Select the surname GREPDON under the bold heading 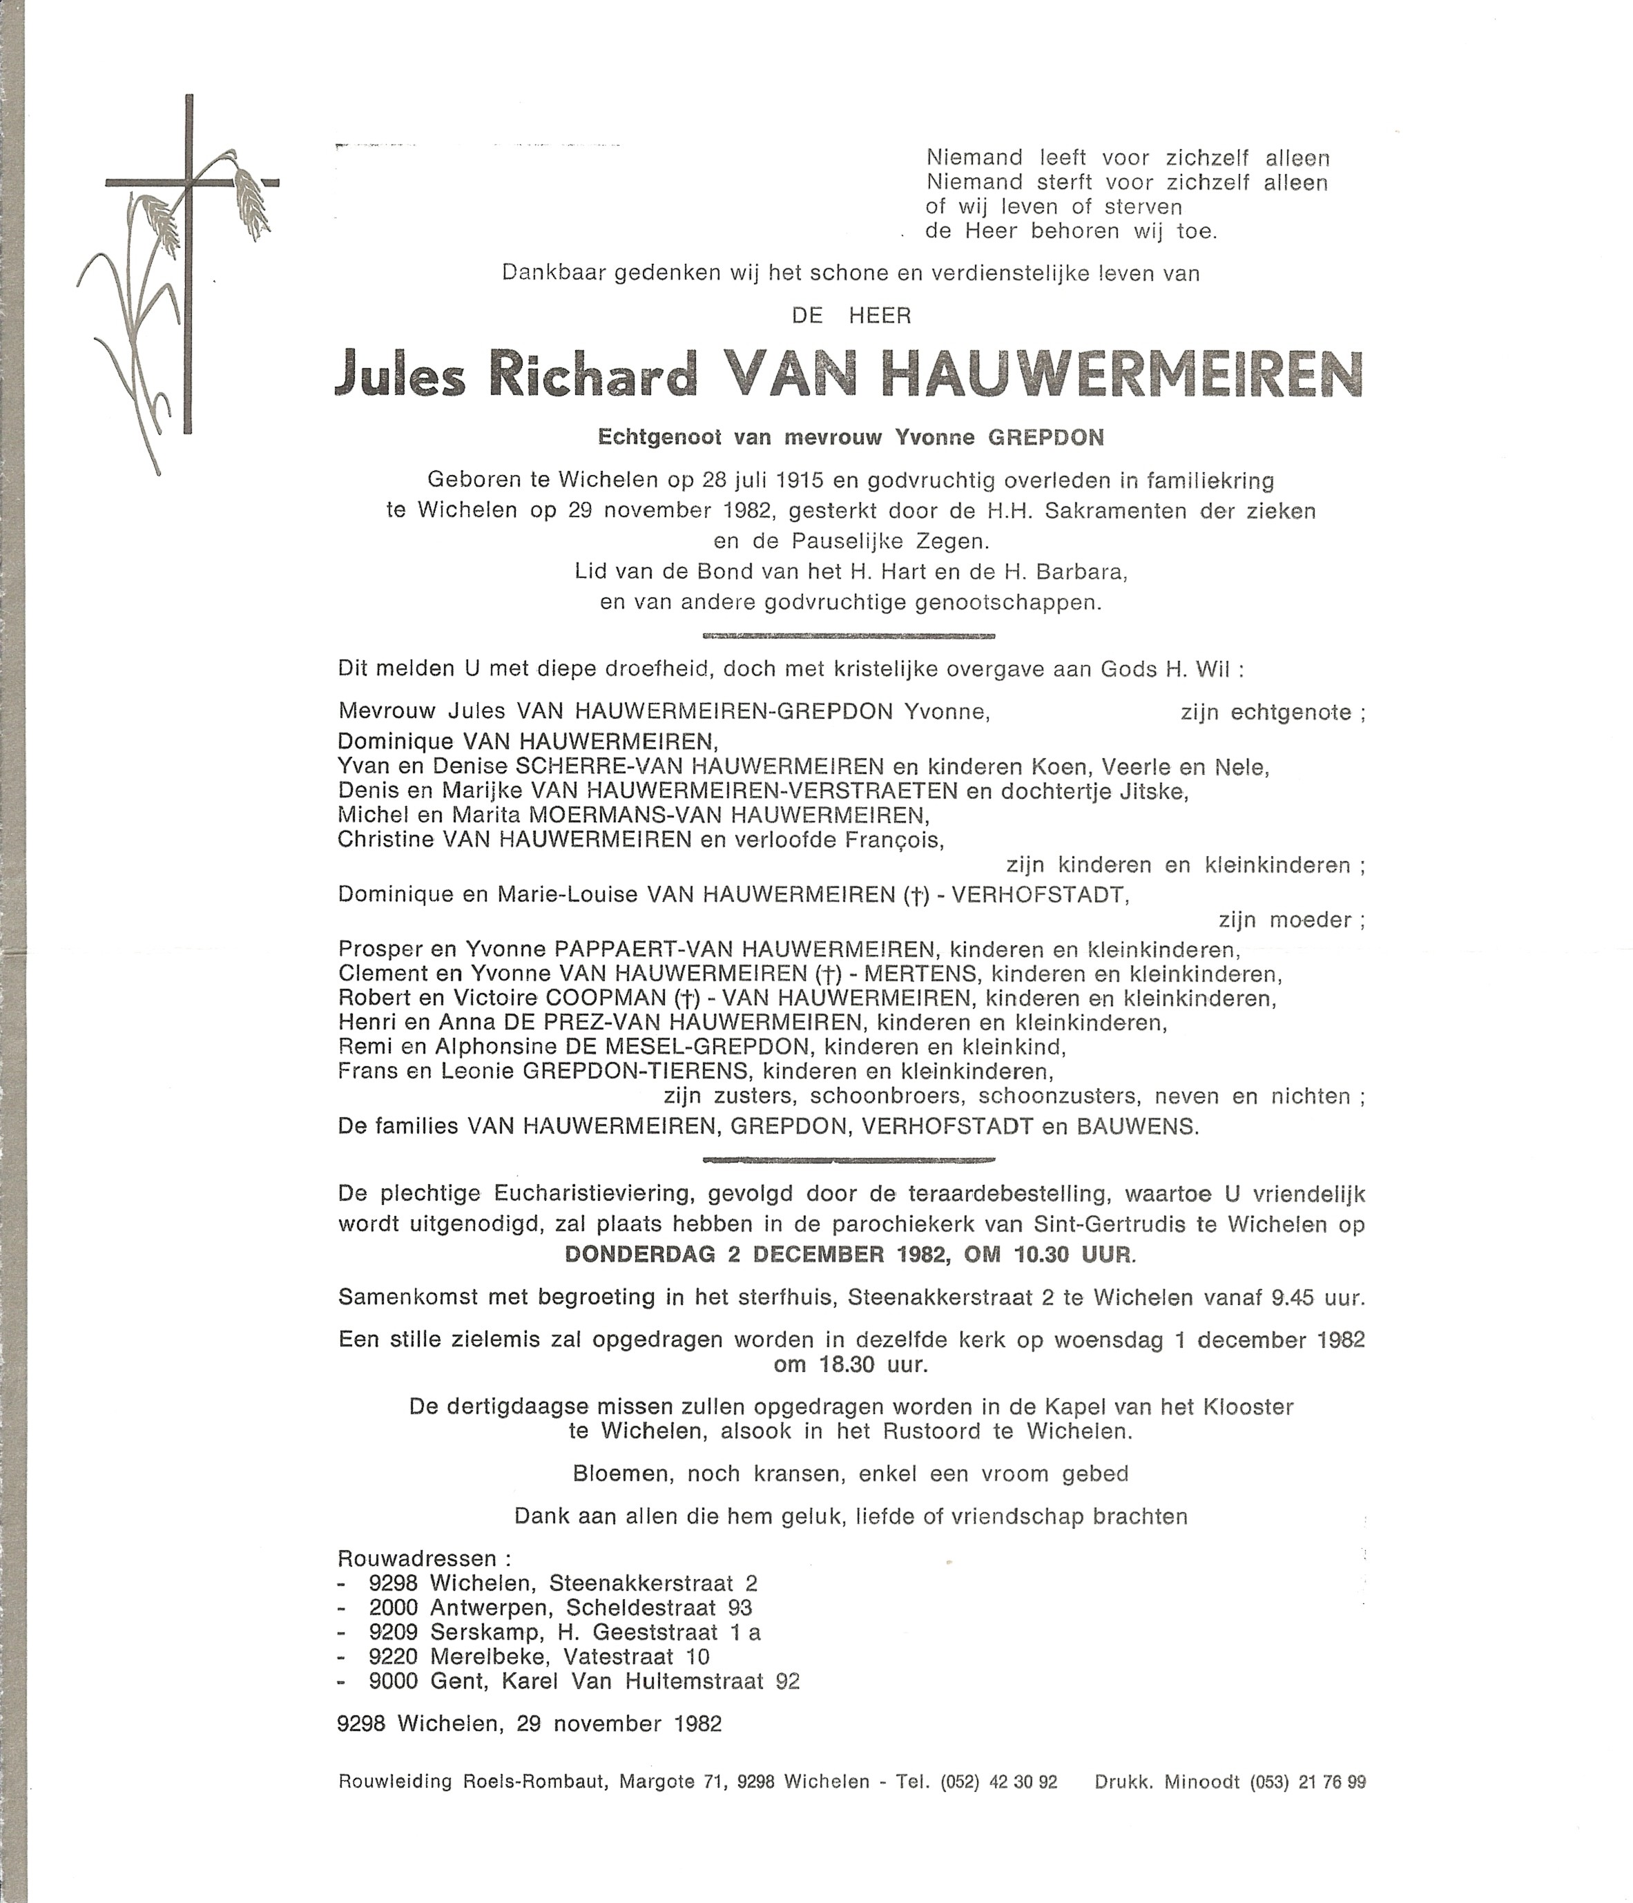1045,437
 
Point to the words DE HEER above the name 851,316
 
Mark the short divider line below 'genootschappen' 848,635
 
